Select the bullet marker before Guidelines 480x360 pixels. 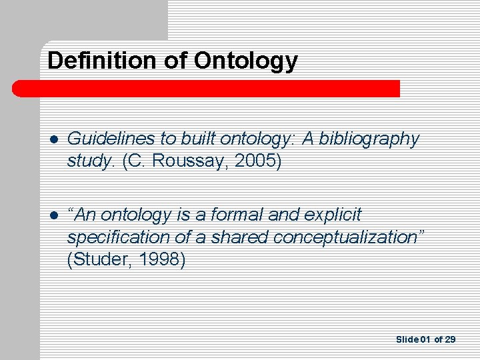click(x=53, y=139)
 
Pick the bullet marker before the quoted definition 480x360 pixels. click(x=53, y=215)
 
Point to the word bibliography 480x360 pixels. click(x=375, y=139)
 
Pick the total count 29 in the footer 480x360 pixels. click(x=451, y=340)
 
